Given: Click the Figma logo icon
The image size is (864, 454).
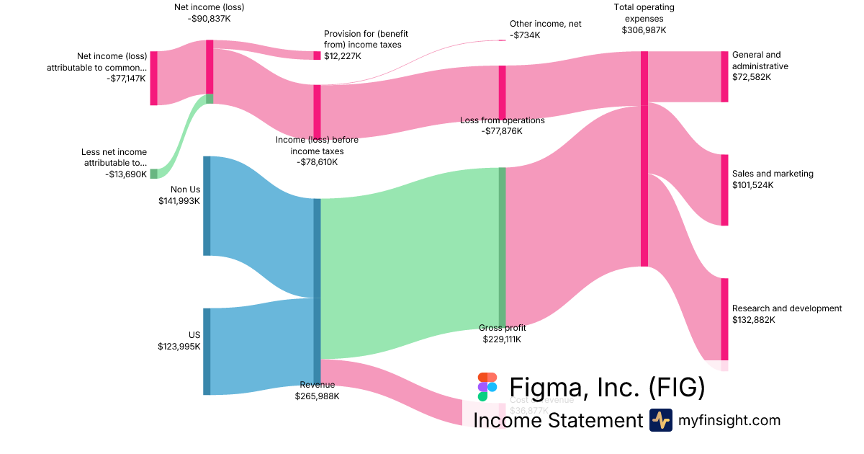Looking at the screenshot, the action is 487,387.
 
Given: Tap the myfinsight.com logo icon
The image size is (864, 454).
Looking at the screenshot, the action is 660,420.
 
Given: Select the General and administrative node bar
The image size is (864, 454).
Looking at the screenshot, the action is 724,76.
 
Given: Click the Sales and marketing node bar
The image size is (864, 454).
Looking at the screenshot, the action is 724,190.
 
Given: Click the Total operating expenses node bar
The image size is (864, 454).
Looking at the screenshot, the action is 644,159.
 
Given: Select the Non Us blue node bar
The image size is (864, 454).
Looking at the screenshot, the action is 207,205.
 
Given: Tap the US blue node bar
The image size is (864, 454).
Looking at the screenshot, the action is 207,352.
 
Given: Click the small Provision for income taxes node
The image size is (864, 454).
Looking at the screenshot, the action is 317,55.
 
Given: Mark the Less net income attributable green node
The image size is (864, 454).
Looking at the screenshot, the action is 153,174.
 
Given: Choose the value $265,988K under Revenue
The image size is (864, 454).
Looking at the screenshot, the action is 317,396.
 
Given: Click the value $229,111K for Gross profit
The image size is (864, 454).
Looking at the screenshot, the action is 502,339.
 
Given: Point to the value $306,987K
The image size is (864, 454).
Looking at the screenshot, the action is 644,30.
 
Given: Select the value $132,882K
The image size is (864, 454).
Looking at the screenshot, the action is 753,319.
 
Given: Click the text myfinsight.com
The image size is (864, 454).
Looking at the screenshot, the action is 729,420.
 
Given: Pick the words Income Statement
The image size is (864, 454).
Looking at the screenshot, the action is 557,421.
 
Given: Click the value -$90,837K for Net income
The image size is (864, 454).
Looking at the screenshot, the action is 209,19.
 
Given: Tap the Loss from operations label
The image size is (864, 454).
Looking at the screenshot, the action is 502,120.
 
